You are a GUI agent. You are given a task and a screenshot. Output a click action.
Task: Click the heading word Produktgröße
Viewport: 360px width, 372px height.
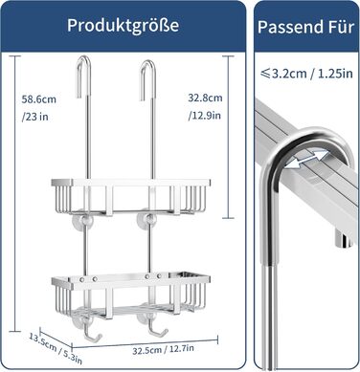click(123, 26)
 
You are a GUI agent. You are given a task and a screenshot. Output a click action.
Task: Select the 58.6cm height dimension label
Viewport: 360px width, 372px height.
click(38, 99)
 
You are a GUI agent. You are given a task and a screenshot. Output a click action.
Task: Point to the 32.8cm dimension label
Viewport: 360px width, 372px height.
click(205, 98)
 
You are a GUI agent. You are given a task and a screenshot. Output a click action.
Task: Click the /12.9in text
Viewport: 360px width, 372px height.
click(204, 115)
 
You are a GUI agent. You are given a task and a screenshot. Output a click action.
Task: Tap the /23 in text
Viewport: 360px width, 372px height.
click(34, 117)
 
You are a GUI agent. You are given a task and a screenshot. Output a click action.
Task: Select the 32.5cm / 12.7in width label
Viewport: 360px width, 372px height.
click(163, 349)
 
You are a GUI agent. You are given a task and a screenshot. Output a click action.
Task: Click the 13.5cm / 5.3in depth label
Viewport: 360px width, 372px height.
click(56, 348)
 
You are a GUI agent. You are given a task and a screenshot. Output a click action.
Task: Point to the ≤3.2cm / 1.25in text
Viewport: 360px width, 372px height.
click(306, 74)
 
